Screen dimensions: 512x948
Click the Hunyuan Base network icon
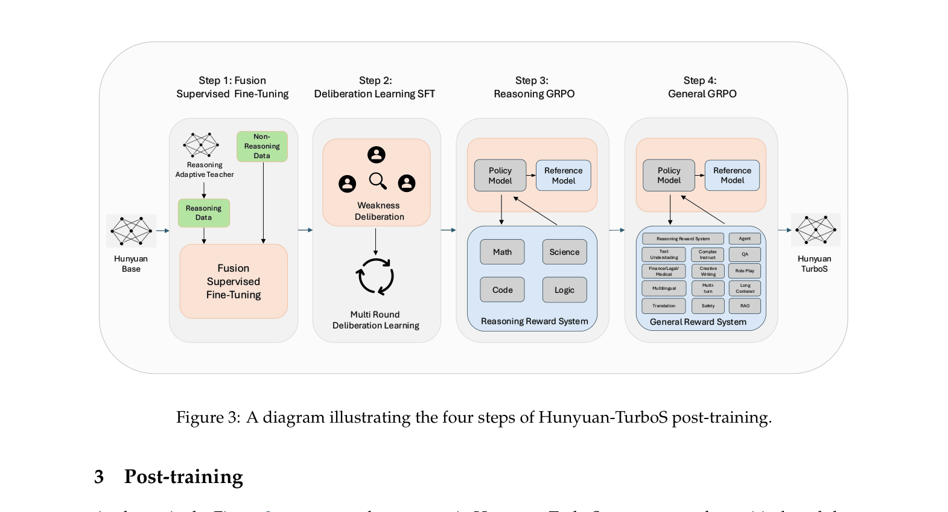point(131,231)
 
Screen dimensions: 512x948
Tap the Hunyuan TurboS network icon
point(815,230)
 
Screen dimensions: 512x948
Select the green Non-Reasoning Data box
point(262,147)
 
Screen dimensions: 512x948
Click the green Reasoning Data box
point(204,213)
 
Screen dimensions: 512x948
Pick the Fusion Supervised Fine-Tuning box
point(234,281)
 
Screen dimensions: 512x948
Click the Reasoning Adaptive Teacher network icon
point(201,145)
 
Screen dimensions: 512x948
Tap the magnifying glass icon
point(378,181)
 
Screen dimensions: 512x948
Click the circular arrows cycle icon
point(375,277)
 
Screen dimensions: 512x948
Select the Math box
point(502,252)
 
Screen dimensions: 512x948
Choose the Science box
point(564,252)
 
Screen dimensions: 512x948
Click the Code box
point(502,290)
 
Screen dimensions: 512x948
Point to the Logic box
point(564,290)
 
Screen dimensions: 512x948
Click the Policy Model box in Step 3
point(500,176)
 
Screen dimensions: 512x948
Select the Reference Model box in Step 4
point(732,176)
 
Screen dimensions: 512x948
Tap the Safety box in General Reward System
point(708,306)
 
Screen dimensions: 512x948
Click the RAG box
point(745,306)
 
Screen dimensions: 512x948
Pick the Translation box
point(664,306)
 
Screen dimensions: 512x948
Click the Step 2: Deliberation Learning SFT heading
point(375,88)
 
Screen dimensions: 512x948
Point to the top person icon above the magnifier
point(377,155)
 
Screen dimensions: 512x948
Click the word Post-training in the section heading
point(183,477)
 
